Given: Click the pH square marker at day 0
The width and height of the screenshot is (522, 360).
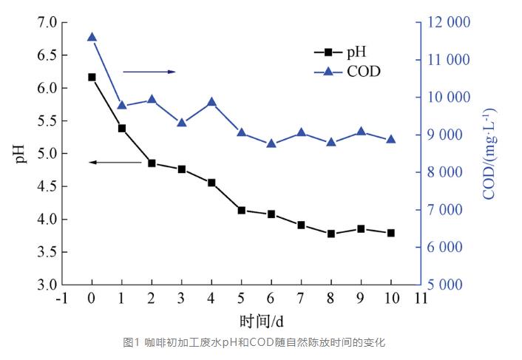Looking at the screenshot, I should click(92, 77).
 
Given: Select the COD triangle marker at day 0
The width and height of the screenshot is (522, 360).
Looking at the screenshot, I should click(92, 37).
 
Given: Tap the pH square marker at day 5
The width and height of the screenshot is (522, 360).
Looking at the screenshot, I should click(241, 211).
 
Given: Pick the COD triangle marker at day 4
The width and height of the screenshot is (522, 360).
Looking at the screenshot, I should click(211, 102).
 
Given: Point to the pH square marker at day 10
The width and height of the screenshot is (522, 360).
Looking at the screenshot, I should click(390, 233).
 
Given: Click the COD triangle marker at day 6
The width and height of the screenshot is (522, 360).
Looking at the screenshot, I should click(271, 143).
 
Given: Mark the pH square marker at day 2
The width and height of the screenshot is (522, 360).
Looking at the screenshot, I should click(152, 163).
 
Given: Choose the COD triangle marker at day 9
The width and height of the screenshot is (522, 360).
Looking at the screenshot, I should click(361, 132).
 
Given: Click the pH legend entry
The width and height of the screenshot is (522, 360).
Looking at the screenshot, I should click(339, 52).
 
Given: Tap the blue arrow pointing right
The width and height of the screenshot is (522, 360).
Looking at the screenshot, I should click(149, 72).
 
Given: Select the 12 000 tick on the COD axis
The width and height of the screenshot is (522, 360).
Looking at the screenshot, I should click(448, 23).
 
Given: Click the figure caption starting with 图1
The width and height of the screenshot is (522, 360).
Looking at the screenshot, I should click(254, 342).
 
